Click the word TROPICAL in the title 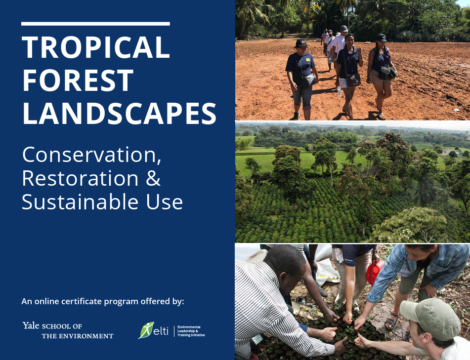click(x=96, y=47)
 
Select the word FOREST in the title click(x=78, y=80)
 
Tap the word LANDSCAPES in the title click(x=119, y=113)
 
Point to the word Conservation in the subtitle click(x=92, y=155)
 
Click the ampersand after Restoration click(x=153, y=178)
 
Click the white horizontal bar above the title click(x=95, y=24)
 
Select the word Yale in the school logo click(x=31, y=325)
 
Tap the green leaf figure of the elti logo click(x=146, y=330)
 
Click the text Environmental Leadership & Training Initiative click(x=191, y=331)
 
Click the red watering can click(x=375, y=272)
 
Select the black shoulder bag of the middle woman click(x=353, y=80)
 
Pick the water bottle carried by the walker click(x=339, y=91)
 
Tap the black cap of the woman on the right click(x=381, y=38)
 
